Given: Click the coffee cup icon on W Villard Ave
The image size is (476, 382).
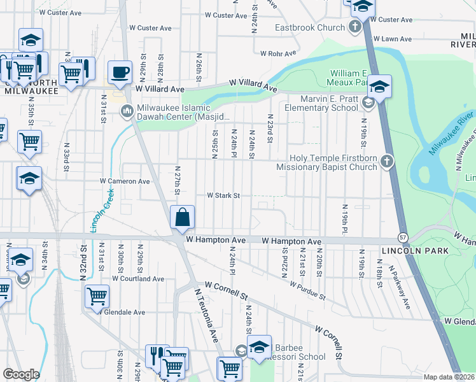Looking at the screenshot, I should click(119, 72).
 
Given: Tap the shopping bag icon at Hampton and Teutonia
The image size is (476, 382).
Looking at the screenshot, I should click(182, 218).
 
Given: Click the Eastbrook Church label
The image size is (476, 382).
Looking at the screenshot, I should click(310, 27).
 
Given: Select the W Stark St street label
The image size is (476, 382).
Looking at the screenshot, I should click(223, 195).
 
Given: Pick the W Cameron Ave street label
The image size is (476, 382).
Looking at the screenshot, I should click(125, 181).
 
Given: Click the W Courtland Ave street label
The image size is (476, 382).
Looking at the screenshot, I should click(138, 278).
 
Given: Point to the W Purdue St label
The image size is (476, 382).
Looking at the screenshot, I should click(307, 291).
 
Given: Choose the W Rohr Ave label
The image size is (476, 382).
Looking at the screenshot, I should click(276, 53).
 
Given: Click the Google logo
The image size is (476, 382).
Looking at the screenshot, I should click(21, 374).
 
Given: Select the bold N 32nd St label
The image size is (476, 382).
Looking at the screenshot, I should click(83, 262).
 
